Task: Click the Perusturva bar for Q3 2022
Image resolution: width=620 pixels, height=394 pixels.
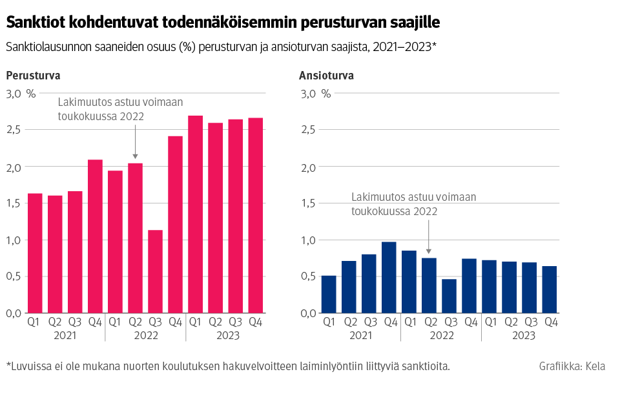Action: pos(155,271)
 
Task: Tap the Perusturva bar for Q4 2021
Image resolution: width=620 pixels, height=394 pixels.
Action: pos(95,236)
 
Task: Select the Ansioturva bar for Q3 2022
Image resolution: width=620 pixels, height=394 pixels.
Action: pos(449,296)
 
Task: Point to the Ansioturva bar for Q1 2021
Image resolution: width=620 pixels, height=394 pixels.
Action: pos(329,295)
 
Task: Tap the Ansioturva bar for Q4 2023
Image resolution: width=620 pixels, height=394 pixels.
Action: pos(549,290)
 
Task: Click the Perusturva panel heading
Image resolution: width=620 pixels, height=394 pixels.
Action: pos(33,76)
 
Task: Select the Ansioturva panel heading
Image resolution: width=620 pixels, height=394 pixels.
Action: pos(326,76)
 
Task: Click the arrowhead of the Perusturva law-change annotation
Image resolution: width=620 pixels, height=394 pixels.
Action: pos(135,156)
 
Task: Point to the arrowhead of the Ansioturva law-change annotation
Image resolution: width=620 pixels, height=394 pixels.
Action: pos(429,251)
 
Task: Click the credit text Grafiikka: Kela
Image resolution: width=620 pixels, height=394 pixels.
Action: pos(572,367)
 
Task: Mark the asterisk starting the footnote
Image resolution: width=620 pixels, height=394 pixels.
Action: pos(8,365)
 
